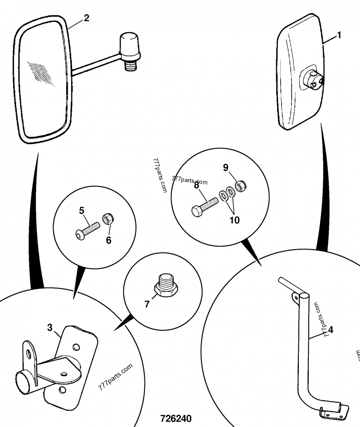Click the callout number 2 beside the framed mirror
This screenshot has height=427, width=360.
pos(86,18)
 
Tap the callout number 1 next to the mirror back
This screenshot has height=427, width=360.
pos(339,36)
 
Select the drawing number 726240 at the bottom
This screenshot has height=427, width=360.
pos(176,418)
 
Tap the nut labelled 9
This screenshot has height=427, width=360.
pos(241,186)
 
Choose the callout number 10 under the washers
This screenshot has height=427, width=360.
pos(234,220)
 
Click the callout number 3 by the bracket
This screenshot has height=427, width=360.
pos(49,328)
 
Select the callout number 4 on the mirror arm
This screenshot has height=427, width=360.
pos(331,330)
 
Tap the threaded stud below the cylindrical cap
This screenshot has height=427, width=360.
pos(130,65)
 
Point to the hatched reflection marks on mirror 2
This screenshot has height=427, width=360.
pos(41,73)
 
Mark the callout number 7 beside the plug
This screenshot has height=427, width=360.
pos(147,304)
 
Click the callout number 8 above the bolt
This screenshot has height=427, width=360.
pos(197,185)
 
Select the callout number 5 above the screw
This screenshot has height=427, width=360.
pos(82,211)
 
